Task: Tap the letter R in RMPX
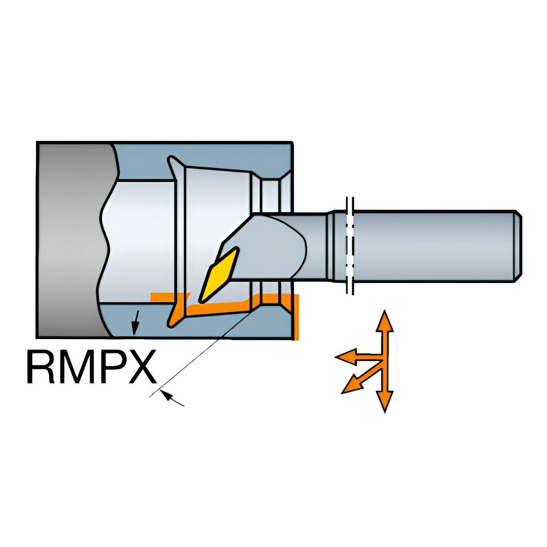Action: pyautogui.click(x=40, y=367)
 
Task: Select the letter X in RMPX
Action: pyautogui.click(x=142, y=367)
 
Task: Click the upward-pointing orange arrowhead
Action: pyautogui.click(x=385, y=321)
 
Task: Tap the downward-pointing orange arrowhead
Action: pyautogui.click(x=385, y=401)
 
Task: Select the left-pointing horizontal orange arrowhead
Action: pyautogui.click(x=346, y=357)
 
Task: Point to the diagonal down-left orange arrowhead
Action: pyautogui.click(x=352, y=385)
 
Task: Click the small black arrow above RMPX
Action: pyautogui.click(x=135, y=323)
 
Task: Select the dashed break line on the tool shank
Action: pyautogui.click(x=350, y=246)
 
